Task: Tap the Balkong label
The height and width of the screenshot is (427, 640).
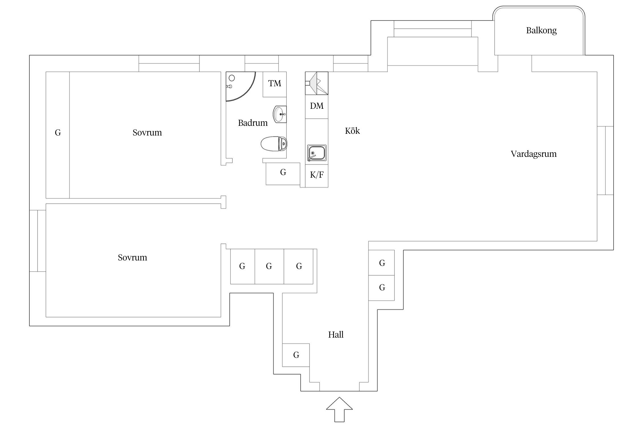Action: pos(541,30)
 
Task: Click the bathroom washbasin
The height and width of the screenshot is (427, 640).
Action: pos(280,114)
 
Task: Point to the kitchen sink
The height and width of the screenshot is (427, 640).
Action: pos(316,153)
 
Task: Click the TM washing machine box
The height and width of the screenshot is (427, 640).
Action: pos(274,84)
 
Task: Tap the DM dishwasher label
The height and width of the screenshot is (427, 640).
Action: pos(317,106)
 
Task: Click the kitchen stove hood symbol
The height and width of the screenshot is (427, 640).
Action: pos(317,83)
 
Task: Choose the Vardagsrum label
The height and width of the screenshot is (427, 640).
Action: pos(533,154)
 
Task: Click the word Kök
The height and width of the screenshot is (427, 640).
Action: pos(352,131)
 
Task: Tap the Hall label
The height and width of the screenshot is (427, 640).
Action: pos(336,334)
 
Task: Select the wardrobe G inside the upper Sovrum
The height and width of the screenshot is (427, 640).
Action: pos(58,133)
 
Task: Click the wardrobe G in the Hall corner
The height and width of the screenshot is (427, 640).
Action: pos(296,355)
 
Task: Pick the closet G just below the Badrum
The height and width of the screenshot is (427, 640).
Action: pos(283,173)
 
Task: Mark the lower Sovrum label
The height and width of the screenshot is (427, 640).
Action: pos(132,258)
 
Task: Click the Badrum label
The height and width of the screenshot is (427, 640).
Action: pos(253,123)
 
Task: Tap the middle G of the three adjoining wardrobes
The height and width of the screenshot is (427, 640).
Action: pos(269,266)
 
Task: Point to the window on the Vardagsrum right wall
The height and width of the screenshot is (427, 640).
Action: pos(605,161)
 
